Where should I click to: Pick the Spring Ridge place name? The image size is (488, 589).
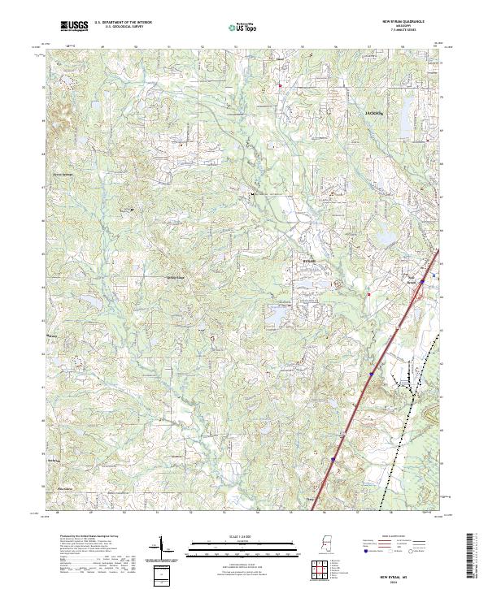[x=176, y=277]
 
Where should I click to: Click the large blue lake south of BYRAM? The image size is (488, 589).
[x=277, y=314]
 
